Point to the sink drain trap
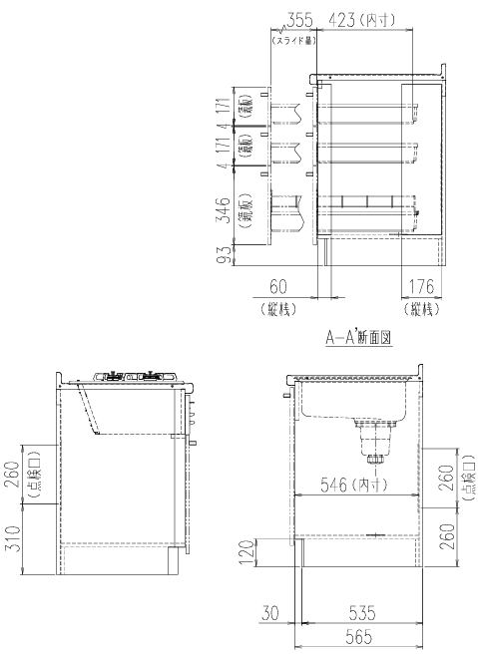coord(370,439)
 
